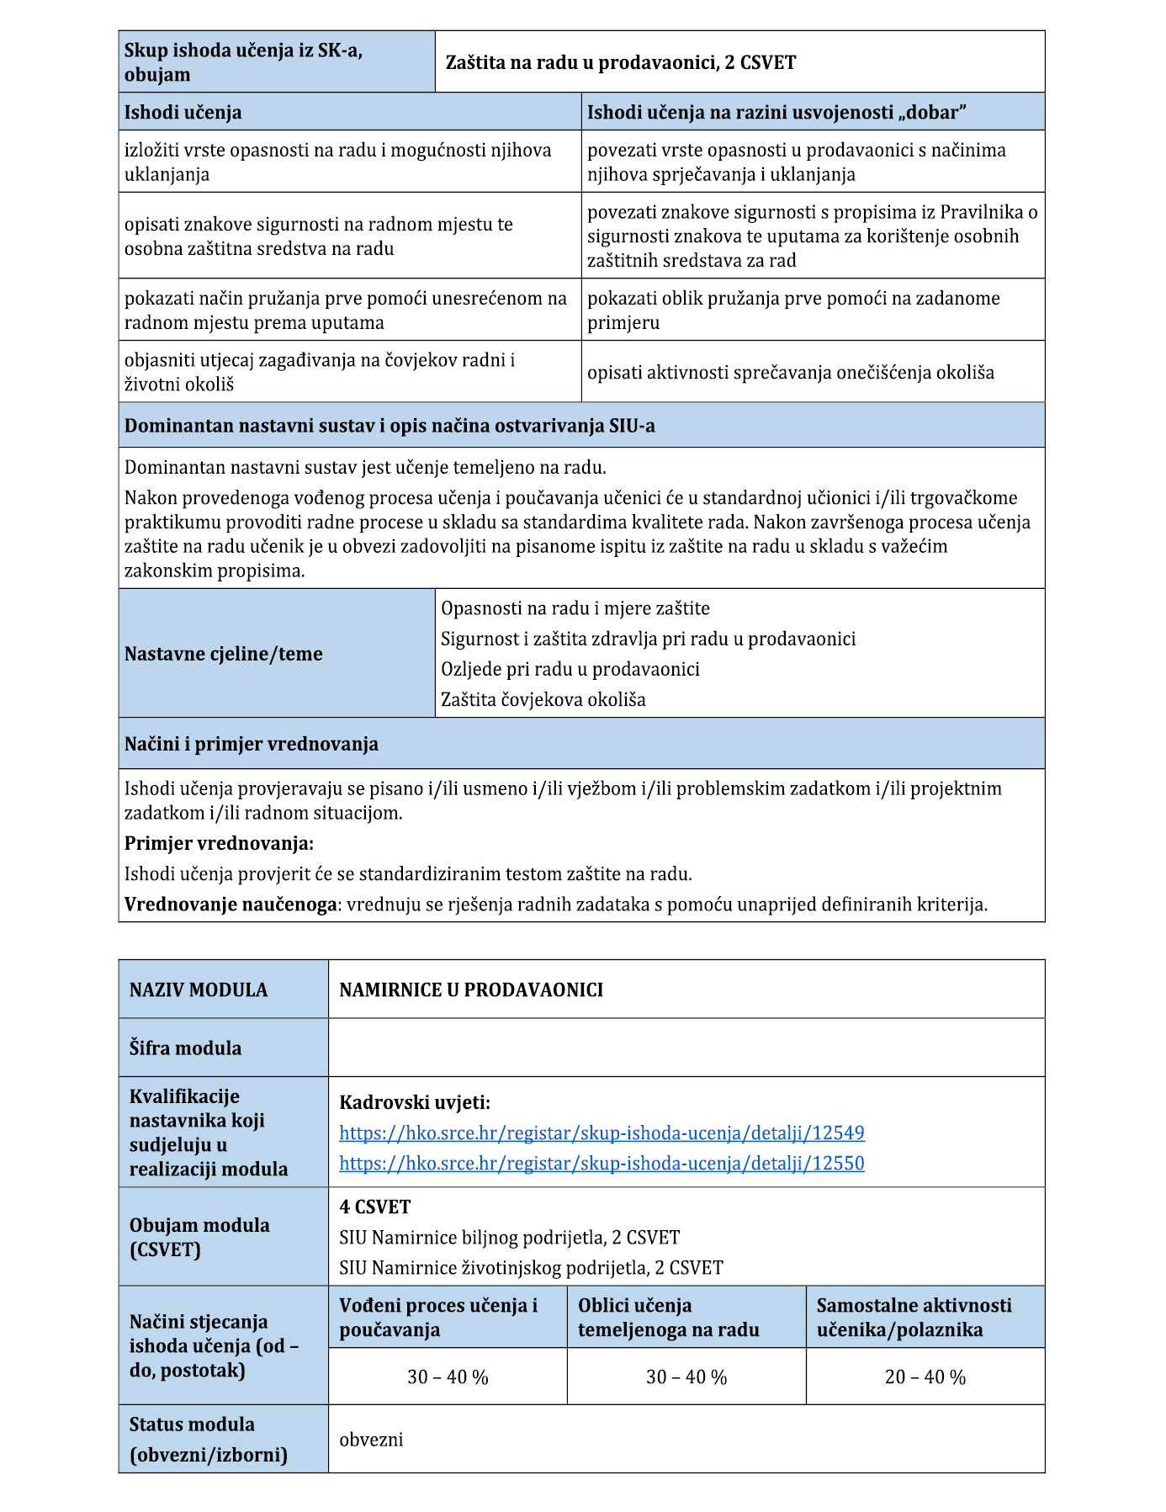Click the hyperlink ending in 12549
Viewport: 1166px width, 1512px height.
point(602,1133)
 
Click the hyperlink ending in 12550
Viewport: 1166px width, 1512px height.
point(602,1163)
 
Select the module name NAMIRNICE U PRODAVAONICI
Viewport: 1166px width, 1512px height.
point(471,989)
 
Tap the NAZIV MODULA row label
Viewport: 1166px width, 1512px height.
point(199,989)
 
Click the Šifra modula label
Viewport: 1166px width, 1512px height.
point(185,1048)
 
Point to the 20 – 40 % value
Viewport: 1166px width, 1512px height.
point(925,1377)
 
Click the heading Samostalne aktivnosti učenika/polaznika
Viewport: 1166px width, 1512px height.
point(914,1317)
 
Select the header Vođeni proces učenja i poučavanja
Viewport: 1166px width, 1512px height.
point(438,1317)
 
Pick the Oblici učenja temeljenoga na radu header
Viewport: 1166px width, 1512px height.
point(669,1317)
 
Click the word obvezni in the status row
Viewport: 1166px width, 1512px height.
point(371,1439)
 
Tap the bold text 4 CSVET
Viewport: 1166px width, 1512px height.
point(375,1207)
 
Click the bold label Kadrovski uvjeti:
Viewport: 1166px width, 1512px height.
point(415,1102)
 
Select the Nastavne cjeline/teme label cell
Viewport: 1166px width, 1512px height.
point(224,654)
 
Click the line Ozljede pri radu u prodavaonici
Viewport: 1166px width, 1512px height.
point(570,669)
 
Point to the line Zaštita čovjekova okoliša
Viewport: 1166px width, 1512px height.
point(543,699)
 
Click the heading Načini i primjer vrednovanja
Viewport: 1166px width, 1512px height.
point(252,744)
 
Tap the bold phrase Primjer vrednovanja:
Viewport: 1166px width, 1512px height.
point(219,843)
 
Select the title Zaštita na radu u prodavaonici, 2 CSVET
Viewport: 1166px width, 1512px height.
point(621,62)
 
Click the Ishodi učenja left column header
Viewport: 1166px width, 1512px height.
point(183,112)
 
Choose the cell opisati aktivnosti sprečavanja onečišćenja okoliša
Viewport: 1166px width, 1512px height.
point(791,372)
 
